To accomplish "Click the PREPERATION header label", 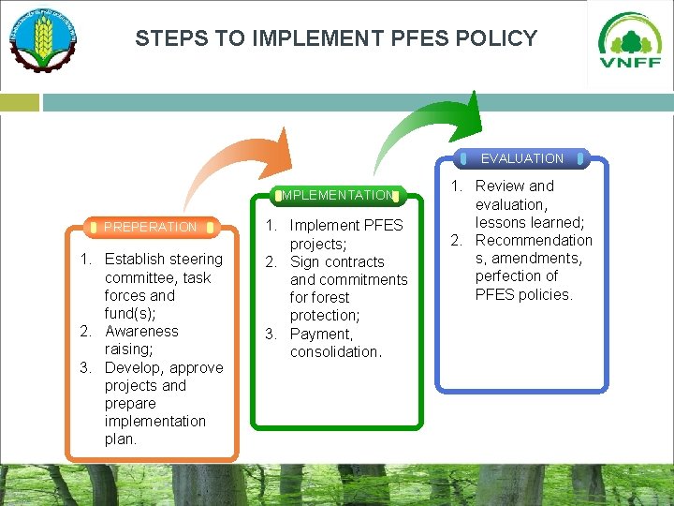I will [x=151, y=227].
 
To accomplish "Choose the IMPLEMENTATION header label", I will [x=338, y=195].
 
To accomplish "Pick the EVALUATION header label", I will [x=522, y=158].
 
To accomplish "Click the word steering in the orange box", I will [x=193, y=259].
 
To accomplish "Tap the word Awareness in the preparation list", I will [x=141, y=331].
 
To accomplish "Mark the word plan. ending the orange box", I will [x=121, y=439].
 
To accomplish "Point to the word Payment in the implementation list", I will [x=320, y=334].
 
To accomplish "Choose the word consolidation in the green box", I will [x=335, y=351].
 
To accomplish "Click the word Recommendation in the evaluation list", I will [x=534, y=240].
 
